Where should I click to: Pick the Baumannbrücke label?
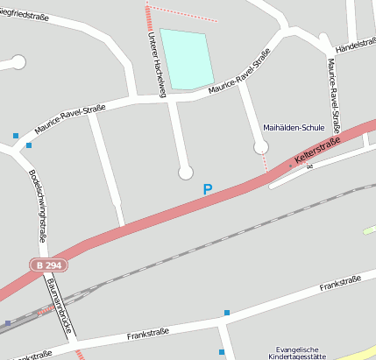click(x=59, y=304)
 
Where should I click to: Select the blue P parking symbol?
click(x=208, y=188)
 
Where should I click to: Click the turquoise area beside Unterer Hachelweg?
click(x=186, y=59)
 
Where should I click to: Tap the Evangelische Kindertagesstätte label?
click(x=300, y=352)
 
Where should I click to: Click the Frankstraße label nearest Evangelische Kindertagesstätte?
click(x=341, y=286)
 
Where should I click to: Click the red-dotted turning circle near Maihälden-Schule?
click(x=260, y=149)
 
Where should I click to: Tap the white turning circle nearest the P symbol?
click(x=186, y=173)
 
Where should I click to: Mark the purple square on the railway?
click(x=8, y=323)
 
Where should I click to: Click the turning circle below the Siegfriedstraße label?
click(x=18, y=62)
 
